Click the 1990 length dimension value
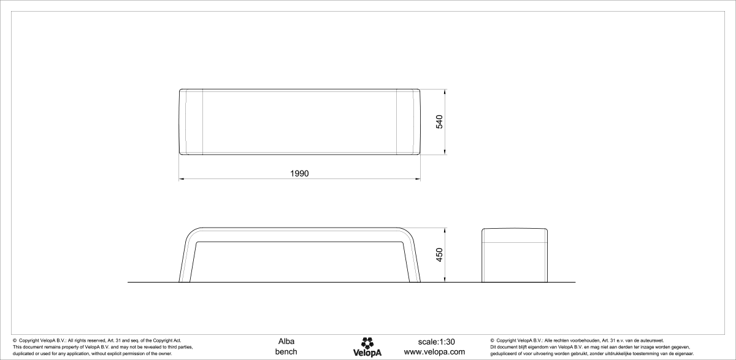(299, 174)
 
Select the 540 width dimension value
(439, 121)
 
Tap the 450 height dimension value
(439, 255)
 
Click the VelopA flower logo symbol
(367, 342)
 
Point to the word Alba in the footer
(286, 341)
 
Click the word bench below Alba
(286, 351)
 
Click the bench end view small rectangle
(514, 255)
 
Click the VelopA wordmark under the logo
(367, 353)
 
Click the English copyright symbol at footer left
(15, 340)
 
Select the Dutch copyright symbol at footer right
(493, 340)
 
